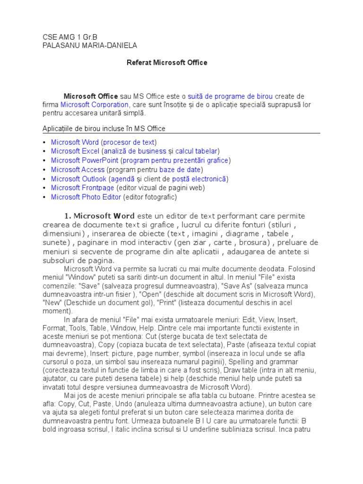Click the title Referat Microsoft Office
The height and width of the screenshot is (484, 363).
coord(167,62)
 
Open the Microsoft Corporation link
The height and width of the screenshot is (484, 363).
coord(95,104)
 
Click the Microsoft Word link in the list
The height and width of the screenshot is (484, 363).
coord(75,142)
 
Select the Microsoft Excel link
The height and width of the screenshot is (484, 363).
coord(75,151)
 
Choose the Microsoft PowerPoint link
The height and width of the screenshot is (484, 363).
coord(84,160)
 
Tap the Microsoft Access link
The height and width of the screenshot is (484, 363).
coord(78,170)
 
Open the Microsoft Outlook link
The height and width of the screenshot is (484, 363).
coord(78,179)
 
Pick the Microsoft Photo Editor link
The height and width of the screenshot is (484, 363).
coord(86,197)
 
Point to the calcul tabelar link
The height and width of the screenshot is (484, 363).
coord(196,151)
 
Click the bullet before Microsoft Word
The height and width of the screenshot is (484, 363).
coord(44,142)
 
